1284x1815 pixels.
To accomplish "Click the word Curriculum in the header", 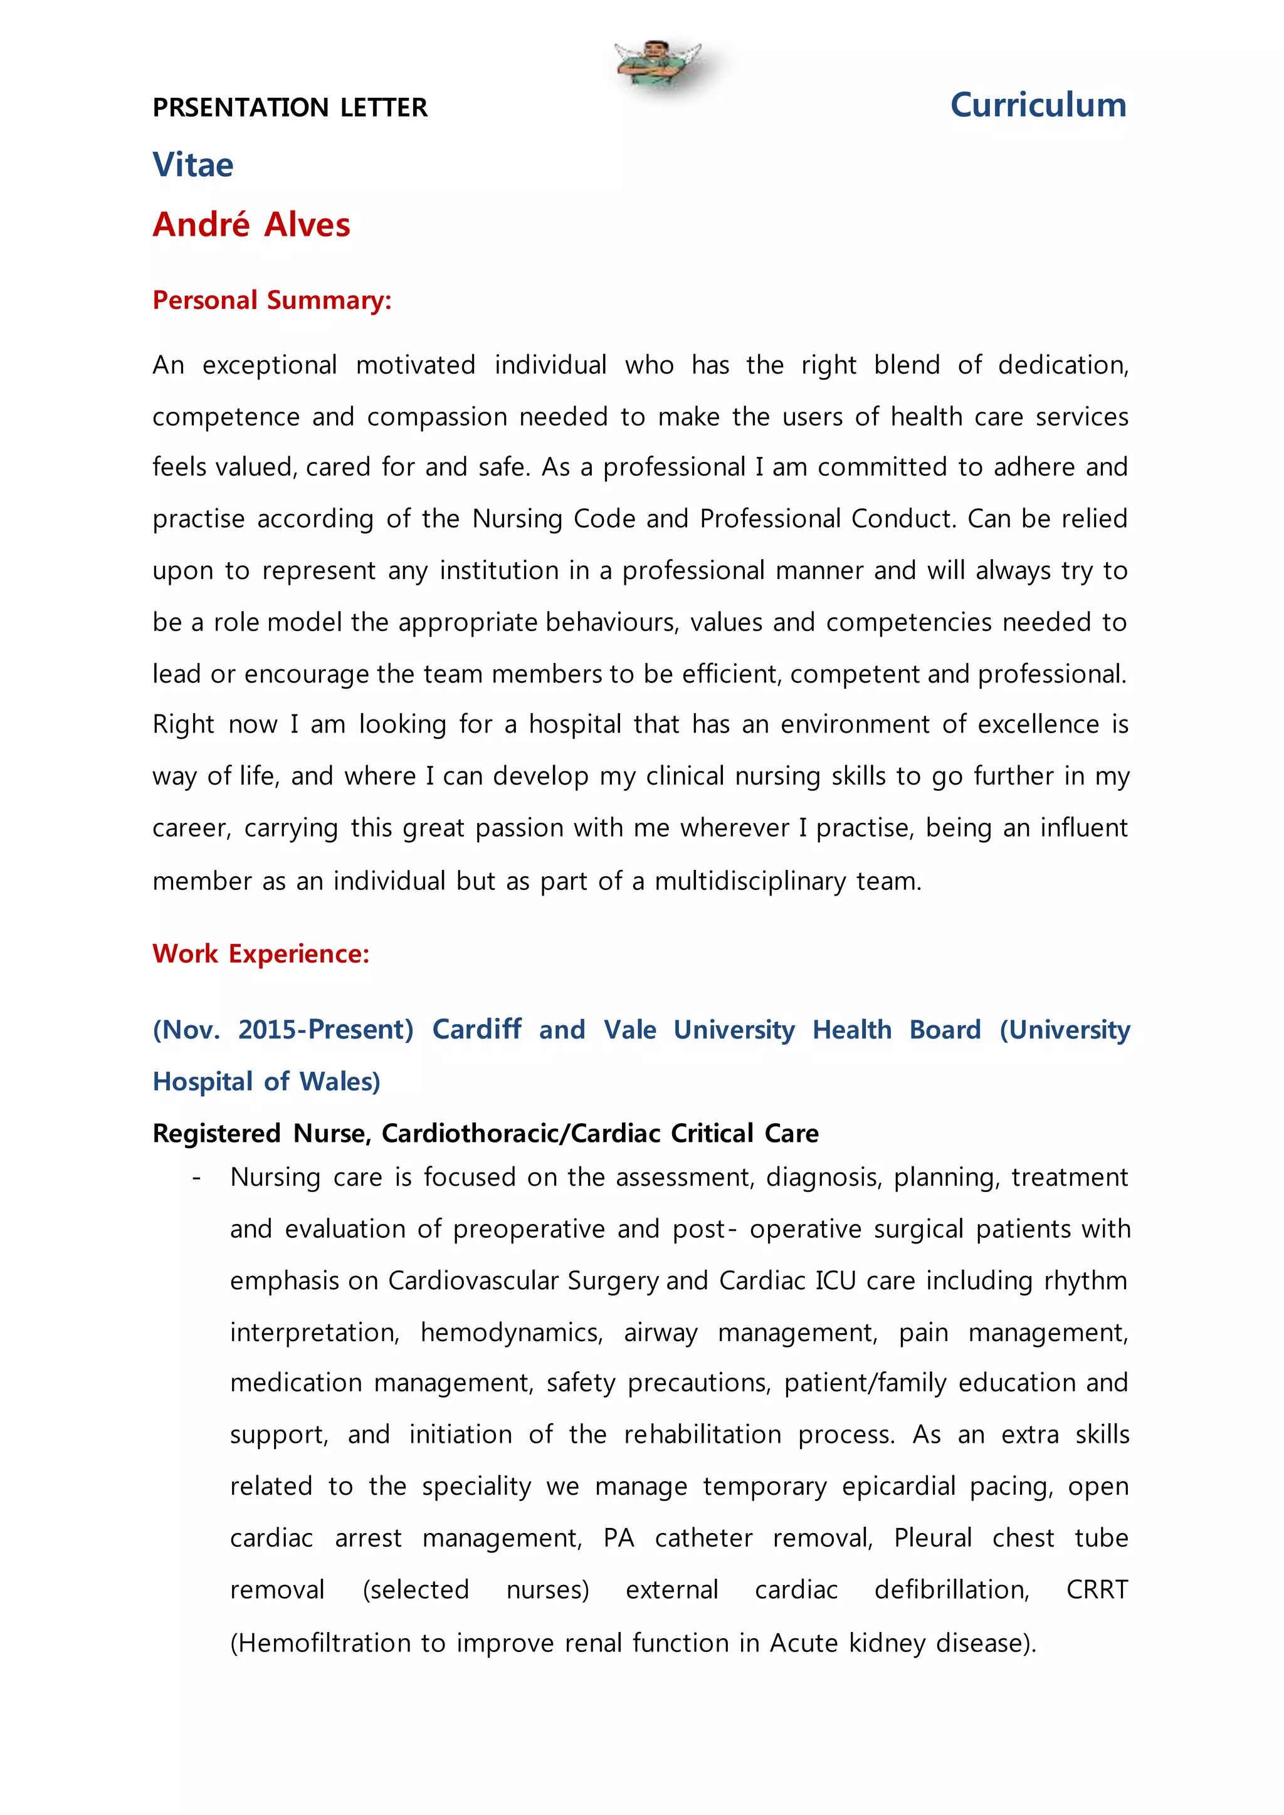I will click(1038, 105).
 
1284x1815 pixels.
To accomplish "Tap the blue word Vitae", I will click(193, 164).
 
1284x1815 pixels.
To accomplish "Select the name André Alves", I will click(251, 224).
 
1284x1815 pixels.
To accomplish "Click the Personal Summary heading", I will click(272, 300).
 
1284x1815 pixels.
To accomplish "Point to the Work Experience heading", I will click(261, 953).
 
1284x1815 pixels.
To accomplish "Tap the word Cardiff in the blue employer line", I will click(476, 1029).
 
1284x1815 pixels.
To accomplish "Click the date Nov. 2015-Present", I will click(283, 1029).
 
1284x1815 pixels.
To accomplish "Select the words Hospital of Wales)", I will click(266, 1081).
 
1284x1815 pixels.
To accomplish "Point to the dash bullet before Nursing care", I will click(196, 1178).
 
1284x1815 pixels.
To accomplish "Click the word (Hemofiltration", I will click(321, 1643).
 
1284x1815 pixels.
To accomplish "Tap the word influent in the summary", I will click(1083, 828).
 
